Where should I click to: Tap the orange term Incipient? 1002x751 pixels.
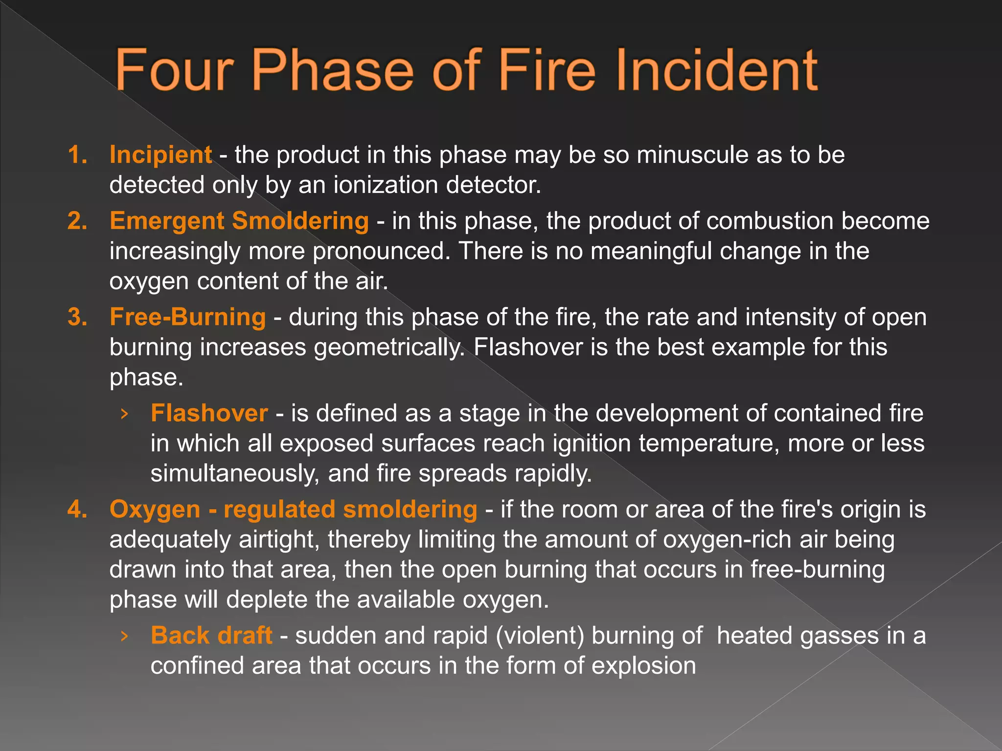click(160, 155)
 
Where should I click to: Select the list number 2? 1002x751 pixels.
click(77, 221)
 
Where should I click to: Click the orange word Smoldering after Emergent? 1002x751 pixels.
click(300, 221)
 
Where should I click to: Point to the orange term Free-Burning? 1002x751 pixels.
click(187, 317)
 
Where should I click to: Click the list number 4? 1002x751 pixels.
click(77, 509)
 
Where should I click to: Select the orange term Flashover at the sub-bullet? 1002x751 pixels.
click(209, 413)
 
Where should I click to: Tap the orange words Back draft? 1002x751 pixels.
click(211, 636)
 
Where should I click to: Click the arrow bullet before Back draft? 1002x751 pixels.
click(124, 636)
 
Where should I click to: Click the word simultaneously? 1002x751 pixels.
click(235, 474)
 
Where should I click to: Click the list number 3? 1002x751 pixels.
click(77, 317)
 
